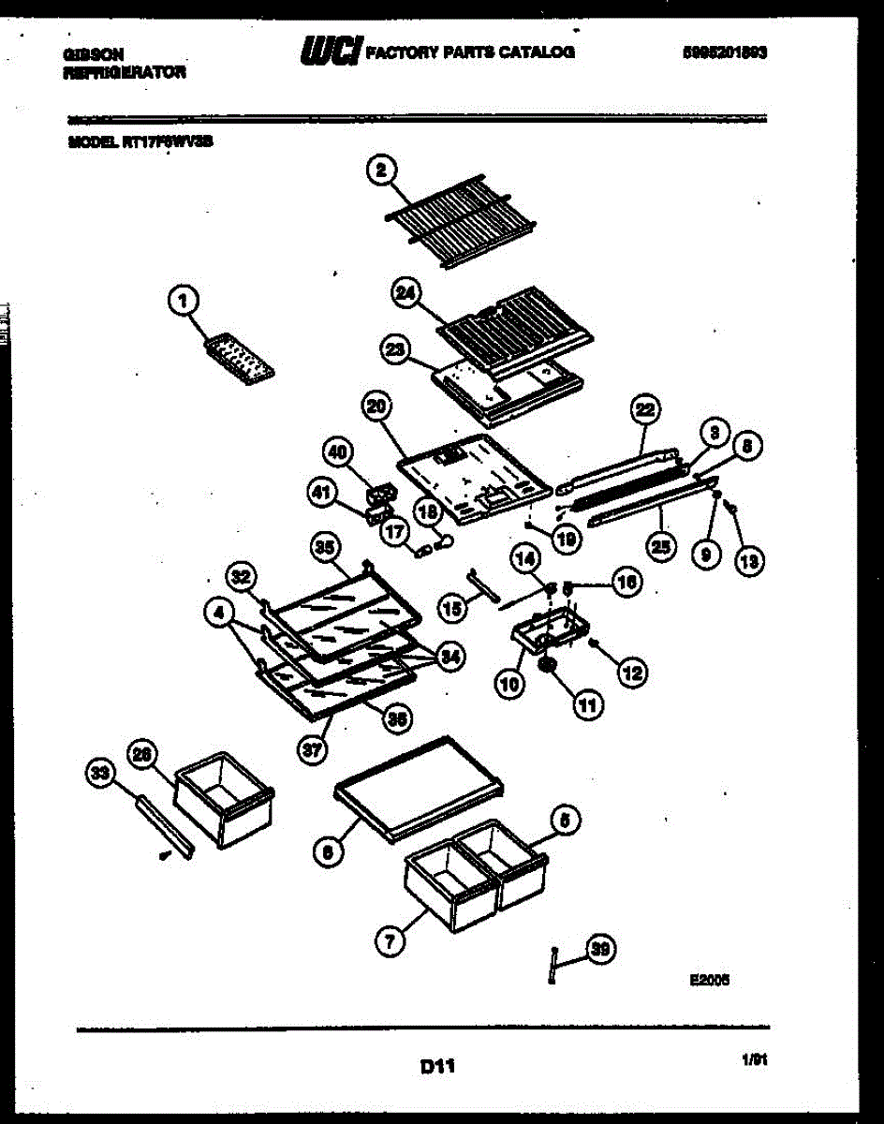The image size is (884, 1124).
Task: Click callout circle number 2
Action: coord(381,170)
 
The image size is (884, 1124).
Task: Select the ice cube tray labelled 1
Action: coord(239,357)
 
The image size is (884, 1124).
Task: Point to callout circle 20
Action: coord(376,407)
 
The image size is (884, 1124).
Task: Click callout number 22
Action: coord(645,409)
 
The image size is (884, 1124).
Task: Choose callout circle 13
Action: coord(748,560)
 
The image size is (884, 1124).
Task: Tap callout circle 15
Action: coord(452,609)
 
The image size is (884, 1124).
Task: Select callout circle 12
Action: coord(632,671)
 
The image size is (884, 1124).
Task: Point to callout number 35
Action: coord(324,550)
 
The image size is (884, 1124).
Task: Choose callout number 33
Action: coord(100,773)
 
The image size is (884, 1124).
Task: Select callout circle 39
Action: coord(601,950)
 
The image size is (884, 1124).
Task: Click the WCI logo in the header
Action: coord(330,52)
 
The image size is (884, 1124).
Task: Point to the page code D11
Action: coord(437,1065)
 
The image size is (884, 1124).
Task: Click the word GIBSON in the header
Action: coord(94,55)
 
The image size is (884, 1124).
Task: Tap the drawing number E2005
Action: coord(709,981)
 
